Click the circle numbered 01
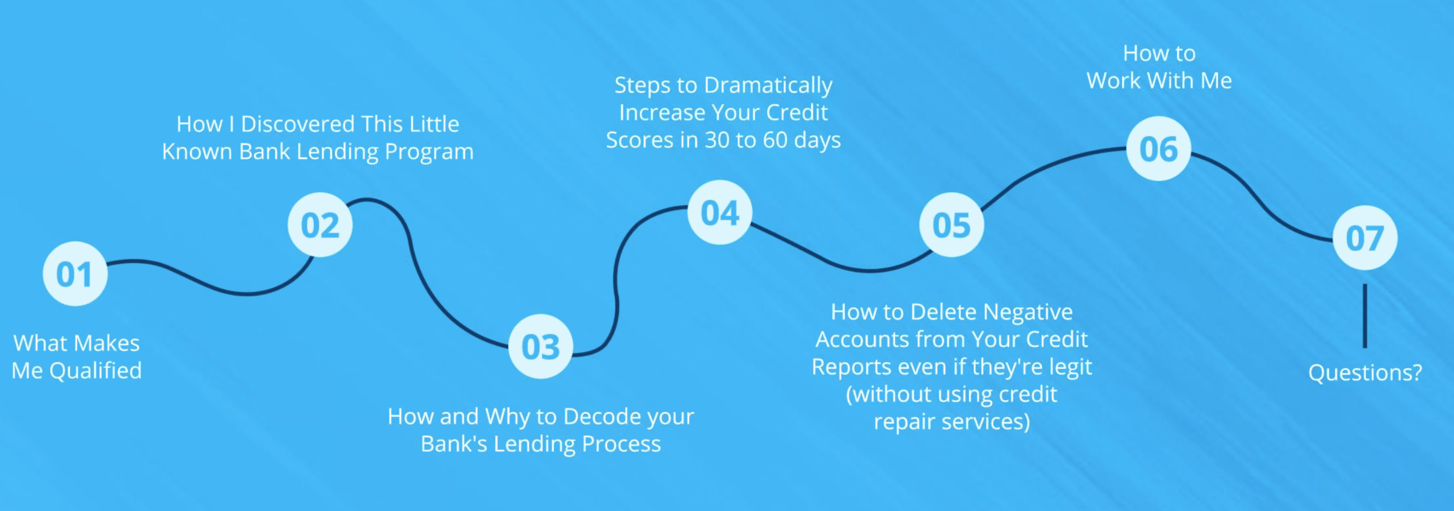[75, 274]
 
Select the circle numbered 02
[320, 225]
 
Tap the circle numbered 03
[541, 347]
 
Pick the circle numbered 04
[719, 213]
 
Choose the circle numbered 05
[952, 225]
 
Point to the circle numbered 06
[1159, 149]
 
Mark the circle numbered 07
[1365, 237]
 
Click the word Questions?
[1365, 373]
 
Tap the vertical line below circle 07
[1365, 316]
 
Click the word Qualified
[95, 371]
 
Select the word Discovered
[298, 124]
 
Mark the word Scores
[641, 140]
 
